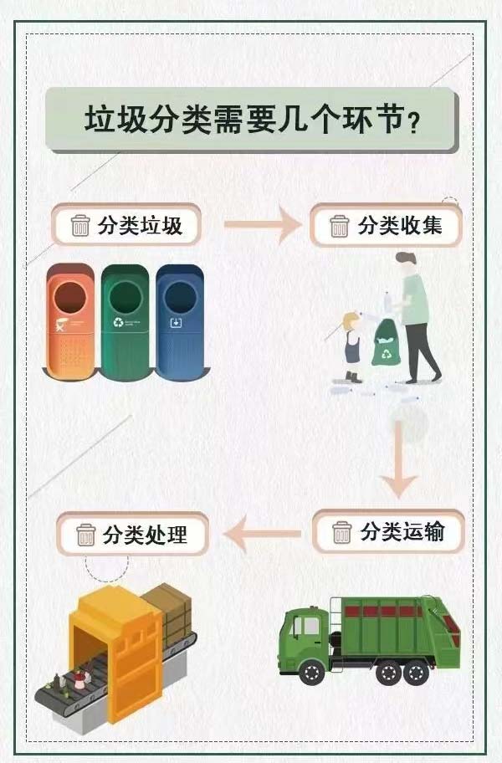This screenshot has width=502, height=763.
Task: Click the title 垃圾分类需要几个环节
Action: point(251,120)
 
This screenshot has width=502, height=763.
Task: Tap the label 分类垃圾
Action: point(139,225)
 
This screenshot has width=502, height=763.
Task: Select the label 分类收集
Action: point(398,225)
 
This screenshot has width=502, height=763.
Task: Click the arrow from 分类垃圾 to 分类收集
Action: point(261,224)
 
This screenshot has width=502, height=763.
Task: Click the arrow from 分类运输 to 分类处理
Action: point(262,534)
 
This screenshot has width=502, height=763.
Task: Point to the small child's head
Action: point(351,321)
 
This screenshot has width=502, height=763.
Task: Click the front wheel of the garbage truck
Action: point(311,670)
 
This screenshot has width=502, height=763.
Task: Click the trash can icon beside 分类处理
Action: point(85,534)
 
